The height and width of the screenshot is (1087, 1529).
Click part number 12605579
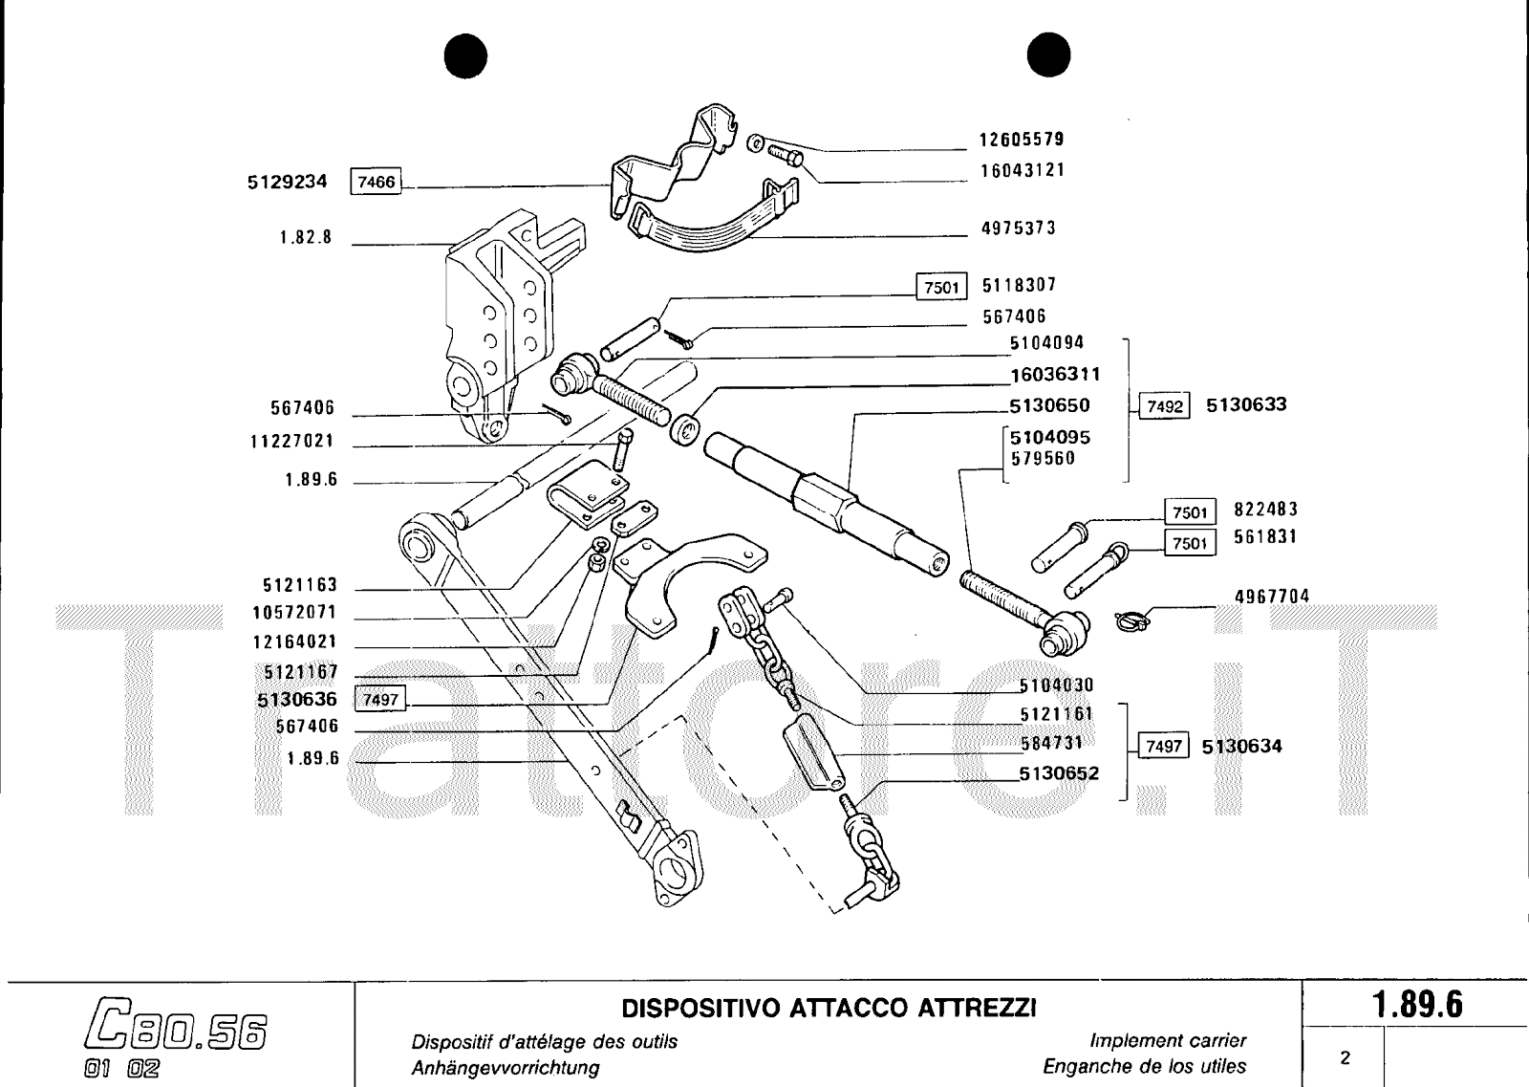point(1021,140)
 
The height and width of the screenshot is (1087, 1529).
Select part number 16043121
point(1021,170)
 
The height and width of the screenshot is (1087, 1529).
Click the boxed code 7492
point(1164,406)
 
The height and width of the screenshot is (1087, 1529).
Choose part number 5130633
point(1245,404)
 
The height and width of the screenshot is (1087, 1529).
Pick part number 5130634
point(1241,746)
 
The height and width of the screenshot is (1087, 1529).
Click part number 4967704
point(1271,597)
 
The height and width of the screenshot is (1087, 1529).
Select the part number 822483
point(1265,510)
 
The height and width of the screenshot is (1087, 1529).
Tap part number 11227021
point(292,443)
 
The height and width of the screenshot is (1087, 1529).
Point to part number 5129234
point(287,182)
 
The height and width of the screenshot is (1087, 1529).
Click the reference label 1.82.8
point(306,237)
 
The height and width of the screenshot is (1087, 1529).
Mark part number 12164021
point(294,642)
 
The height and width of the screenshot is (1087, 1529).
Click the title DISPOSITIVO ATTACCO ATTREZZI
point(829,1009)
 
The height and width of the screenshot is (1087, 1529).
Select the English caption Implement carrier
point(1167,1040)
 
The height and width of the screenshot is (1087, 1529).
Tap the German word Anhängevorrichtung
point(505,1067)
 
